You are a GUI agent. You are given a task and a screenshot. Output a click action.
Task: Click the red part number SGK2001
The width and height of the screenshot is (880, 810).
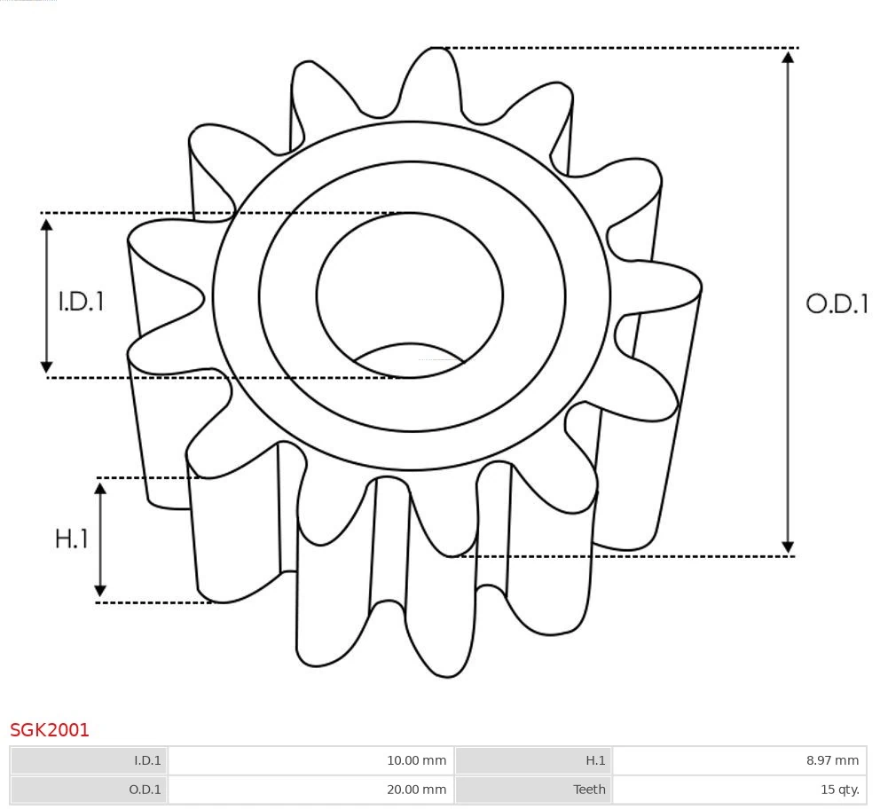pyautogui.click(x=50, y=730)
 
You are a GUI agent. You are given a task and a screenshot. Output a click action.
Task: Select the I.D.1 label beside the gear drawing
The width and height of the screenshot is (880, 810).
pyautogui.click(x=82, y=302)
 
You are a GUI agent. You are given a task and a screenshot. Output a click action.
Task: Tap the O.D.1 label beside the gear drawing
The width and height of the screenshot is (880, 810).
pyautogui.click(x=837, y=304)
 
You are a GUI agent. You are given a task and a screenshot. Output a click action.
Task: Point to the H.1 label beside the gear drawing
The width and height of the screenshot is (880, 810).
pyautogui.click(x=72, y=539)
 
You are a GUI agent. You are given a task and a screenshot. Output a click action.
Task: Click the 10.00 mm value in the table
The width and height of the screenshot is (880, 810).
pyautogui.click(x=416, y=760)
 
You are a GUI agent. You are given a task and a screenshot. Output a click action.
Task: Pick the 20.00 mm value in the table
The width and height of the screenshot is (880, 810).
pyautogui.click(x=416, y=790)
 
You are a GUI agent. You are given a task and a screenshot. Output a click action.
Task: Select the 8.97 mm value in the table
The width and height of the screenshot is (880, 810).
pyautogui.click(x=832, y=760)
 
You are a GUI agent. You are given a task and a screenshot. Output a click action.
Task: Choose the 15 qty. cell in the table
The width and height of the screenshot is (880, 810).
pyautogui.click(x=839, y=790)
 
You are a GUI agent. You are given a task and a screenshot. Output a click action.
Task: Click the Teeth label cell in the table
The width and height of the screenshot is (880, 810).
pyautogui.click(x=589, y=790)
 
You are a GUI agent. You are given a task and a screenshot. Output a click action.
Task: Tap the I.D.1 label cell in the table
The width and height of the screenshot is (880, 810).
pyautogui.click(x=147, y=760)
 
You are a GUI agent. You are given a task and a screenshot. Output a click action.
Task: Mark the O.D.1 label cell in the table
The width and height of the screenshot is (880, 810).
pyautogui.click(x=145, y=790)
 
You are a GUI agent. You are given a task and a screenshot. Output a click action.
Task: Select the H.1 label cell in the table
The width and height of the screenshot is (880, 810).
pyautogui.click(x=595, y=760)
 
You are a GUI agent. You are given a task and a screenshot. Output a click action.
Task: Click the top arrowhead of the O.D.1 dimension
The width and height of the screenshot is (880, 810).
pyautogui.click(x=788, y=57)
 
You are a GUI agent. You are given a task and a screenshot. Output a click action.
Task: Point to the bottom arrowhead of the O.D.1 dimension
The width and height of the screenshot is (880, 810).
pyautogui.click(x=788, y=547)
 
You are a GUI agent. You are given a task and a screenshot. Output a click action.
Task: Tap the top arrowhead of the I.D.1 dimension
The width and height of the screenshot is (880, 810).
pyautogui.click(x=47, y=224)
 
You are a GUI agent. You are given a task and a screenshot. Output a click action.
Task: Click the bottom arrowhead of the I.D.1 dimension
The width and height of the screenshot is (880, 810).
pyautogui.click(x=47, y=366)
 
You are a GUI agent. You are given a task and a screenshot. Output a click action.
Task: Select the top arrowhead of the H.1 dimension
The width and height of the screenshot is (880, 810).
pyautogui.click(x=100, y=488)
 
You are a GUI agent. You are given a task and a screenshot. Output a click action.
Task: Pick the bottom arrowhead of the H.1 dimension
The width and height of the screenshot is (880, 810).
pyautogui.click(x=100, y=591)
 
